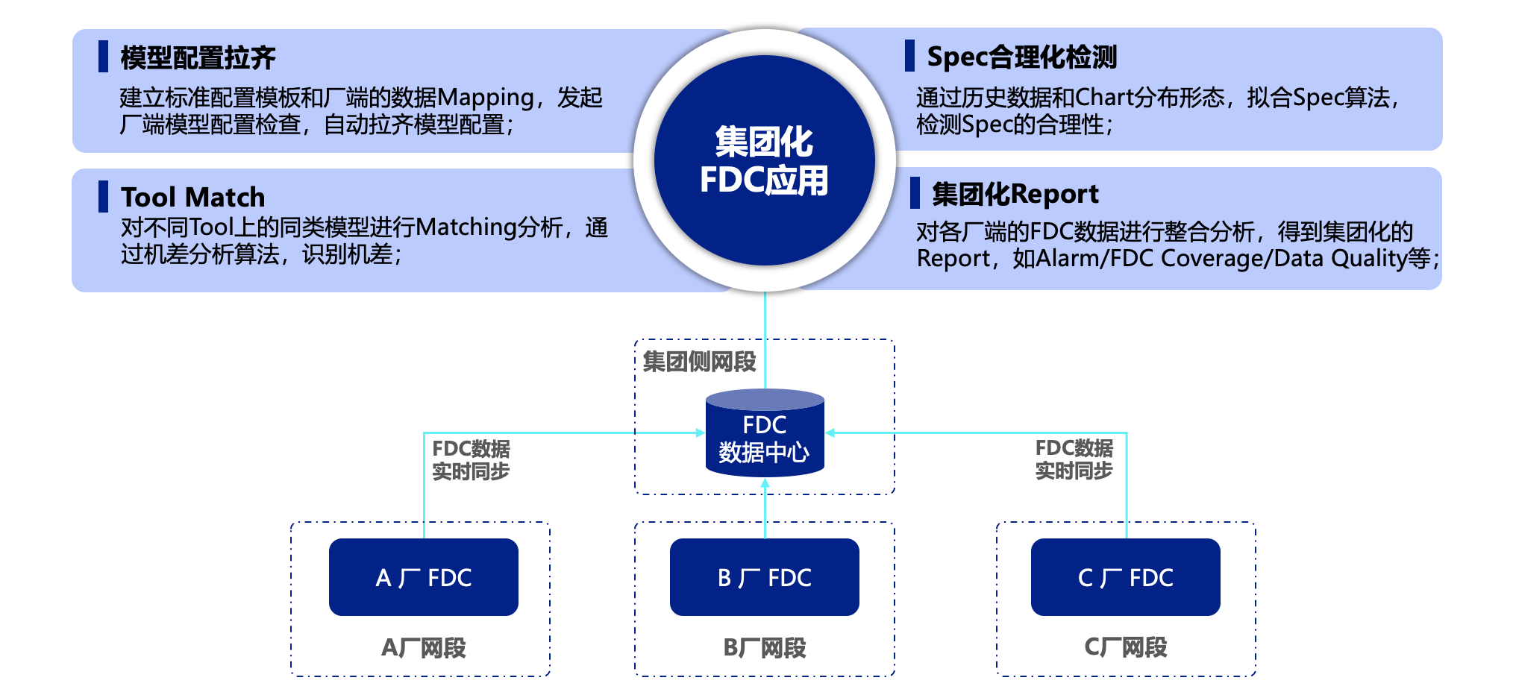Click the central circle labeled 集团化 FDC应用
point(764,160)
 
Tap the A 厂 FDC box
point(423,577)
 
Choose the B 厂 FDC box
point(764,577)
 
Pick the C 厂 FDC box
point(1125,577)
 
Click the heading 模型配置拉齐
point(198,57)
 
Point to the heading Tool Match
point(192,197)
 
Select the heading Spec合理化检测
point(1021,57)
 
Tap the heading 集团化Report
point(1015,194)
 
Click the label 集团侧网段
point(699,362)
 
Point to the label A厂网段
point(423,647)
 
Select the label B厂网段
point(764,647)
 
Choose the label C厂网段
point(1125,647)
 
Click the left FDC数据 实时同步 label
point(471,460)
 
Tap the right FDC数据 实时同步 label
point(1074,459)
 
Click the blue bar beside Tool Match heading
point(103,196)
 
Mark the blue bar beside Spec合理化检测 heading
point(909,56)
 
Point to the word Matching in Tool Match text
point(466,227)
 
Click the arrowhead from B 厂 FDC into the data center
point(765,483)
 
